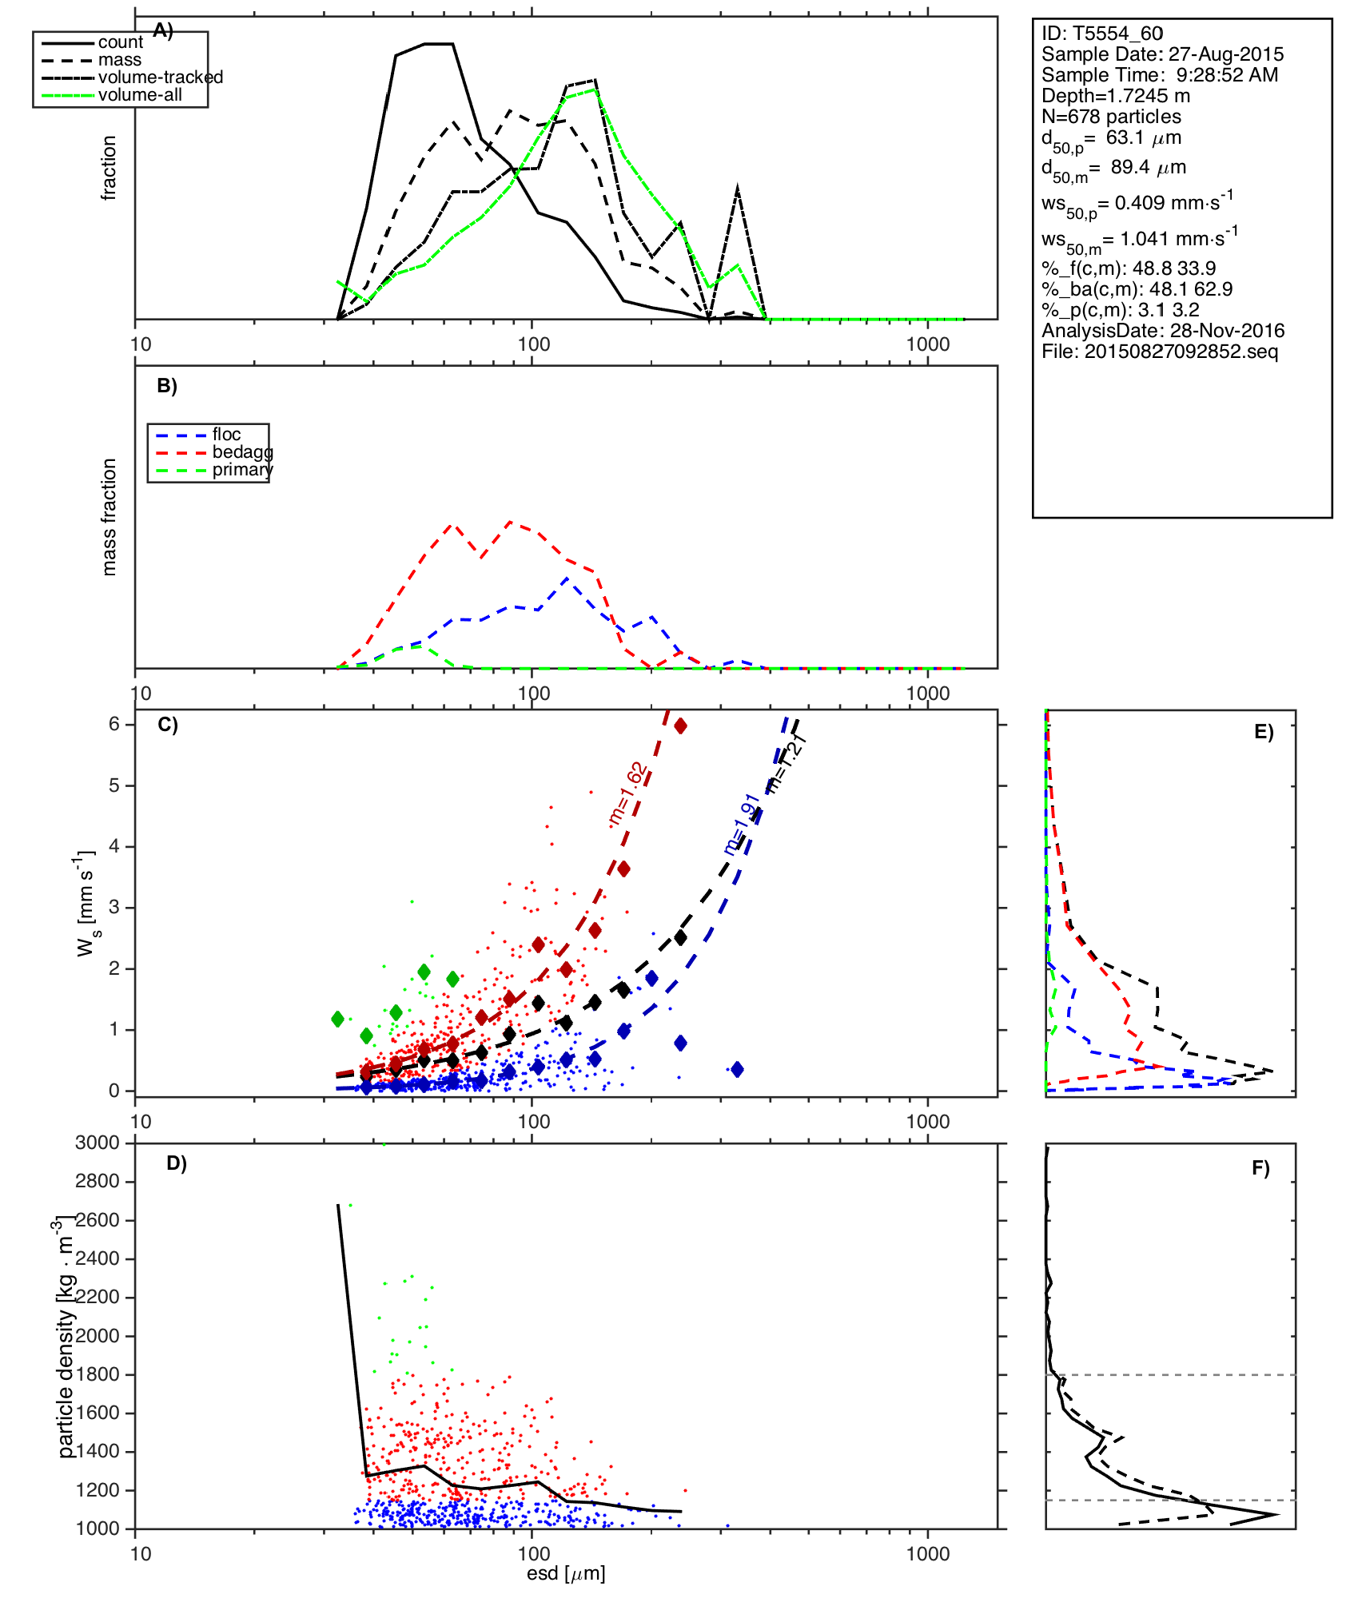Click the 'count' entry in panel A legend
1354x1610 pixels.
tap(120, 42)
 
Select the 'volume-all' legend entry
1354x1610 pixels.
tap(140, 95)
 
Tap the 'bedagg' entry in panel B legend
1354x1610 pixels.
tap(241, 452)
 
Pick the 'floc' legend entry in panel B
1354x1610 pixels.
tap(226, 435)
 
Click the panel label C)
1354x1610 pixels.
tap(167, 725)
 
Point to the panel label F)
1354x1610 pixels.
tap(1260, 1168)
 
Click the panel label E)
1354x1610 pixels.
tap(1264, 732)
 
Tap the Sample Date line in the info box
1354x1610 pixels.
tap(1162, 54)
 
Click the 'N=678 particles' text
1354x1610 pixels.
tap(1111, 117)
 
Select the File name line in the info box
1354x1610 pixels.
tap(1159, 352)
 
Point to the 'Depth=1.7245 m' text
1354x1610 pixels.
tap(1115, 96)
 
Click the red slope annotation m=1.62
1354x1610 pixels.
tap(627, 793)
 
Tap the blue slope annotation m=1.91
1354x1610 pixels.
tap(741, 824)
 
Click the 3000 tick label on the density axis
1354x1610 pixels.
tap(98, 1143)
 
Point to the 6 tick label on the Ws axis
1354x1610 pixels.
tap(114, 724)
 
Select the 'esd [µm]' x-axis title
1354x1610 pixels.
tap(566, 1573)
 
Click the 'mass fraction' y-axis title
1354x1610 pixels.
tap(110, 517)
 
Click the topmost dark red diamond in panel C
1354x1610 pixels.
tap(680, 725)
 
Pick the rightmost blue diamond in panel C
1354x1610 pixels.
tap(737, 1069)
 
